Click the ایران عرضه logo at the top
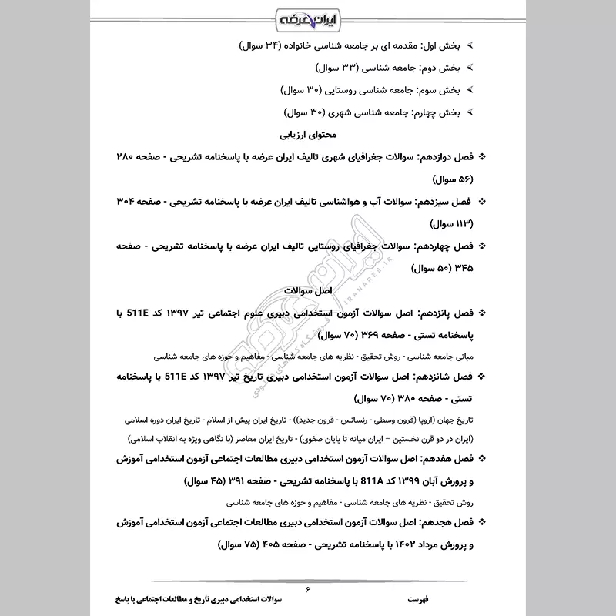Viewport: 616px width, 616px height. [x=308, y=17]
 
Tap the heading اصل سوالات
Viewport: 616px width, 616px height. [x=307, y=292]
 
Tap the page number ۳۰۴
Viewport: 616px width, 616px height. [x=124, y=202]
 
